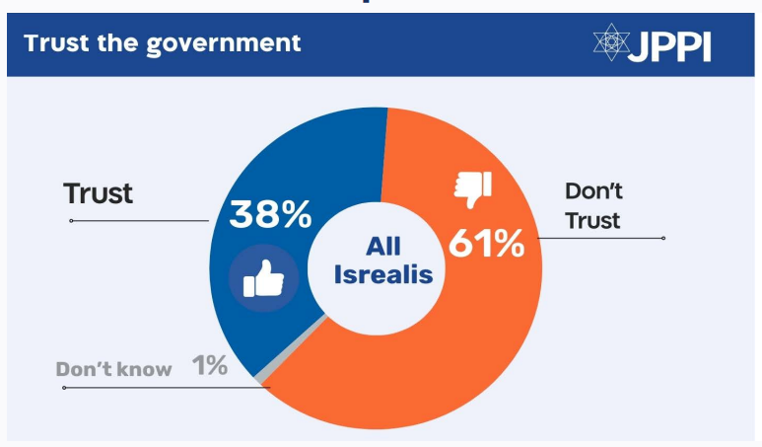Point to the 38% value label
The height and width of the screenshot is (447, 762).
[x=270, y=214]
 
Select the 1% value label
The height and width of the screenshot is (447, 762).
[x=210, y=366]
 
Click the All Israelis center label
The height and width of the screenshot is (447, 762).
[x=383, y=260]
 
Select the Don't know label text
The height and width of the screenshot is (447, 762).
[x=113, y=370]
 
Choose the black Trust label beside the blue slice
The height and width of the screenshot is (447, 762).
[x=98, y=193]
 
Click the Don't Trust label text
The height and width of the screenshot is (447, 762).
[x=593, y=204]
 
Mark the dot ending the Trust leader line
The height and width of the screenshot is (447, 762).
[x=72, y=220]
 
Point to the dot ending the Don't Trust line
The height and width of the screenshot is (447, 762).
[x=663, y=238]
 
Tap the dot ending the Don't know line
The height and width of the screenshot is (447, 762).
[x=64, y=388]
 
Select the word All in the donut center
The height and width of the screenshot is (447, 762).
[x=383, y=246]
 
